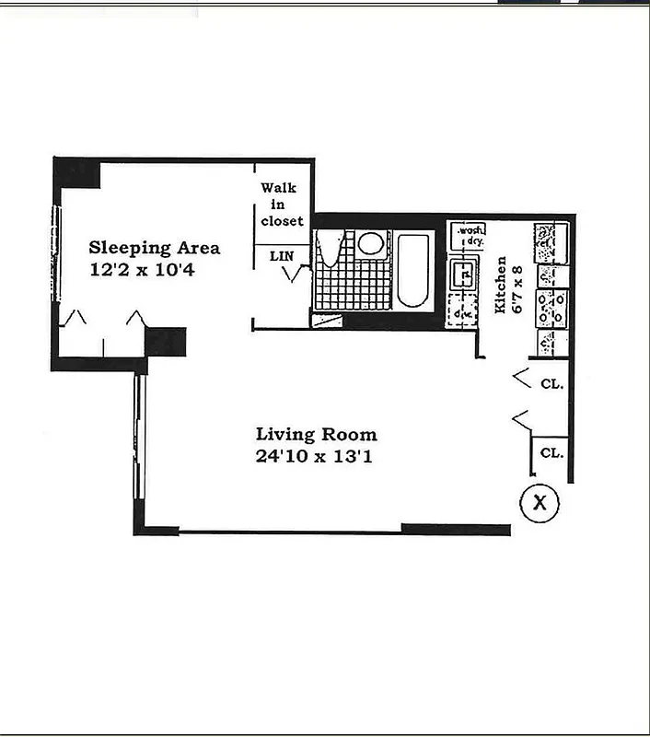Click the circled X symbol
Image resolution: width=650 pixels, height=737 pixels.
(540, 503)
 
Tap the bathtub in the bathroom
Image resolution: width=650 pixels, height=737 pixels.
(413, 272)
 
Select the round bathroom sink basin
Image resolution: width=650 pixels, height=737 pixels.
(371, 243)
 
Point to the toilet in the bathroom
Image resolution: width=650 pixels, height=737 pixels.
(329, 250)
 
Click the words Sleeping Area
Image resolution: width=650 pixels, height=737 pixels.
(154, 248)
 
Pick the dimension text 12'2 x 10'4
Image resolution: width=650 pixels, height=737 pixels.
(143, 271)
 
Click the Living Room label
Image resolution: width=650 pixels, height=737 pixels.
(316, 435)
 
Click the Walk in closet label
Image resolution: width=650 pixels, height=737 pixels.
(282, 205)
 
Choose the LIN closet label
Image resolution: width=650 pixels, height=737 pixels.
(282, 254)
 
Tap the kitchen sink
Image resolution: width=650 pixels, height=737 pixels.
(461, 274)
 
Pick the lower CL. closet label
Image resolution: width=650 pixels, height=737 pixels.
(551, 452)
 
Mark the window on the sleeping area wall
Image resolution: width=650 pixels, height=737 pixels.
(56, 252)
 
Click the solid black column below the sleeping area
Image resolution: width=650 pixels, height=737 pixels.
(166, 341)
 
